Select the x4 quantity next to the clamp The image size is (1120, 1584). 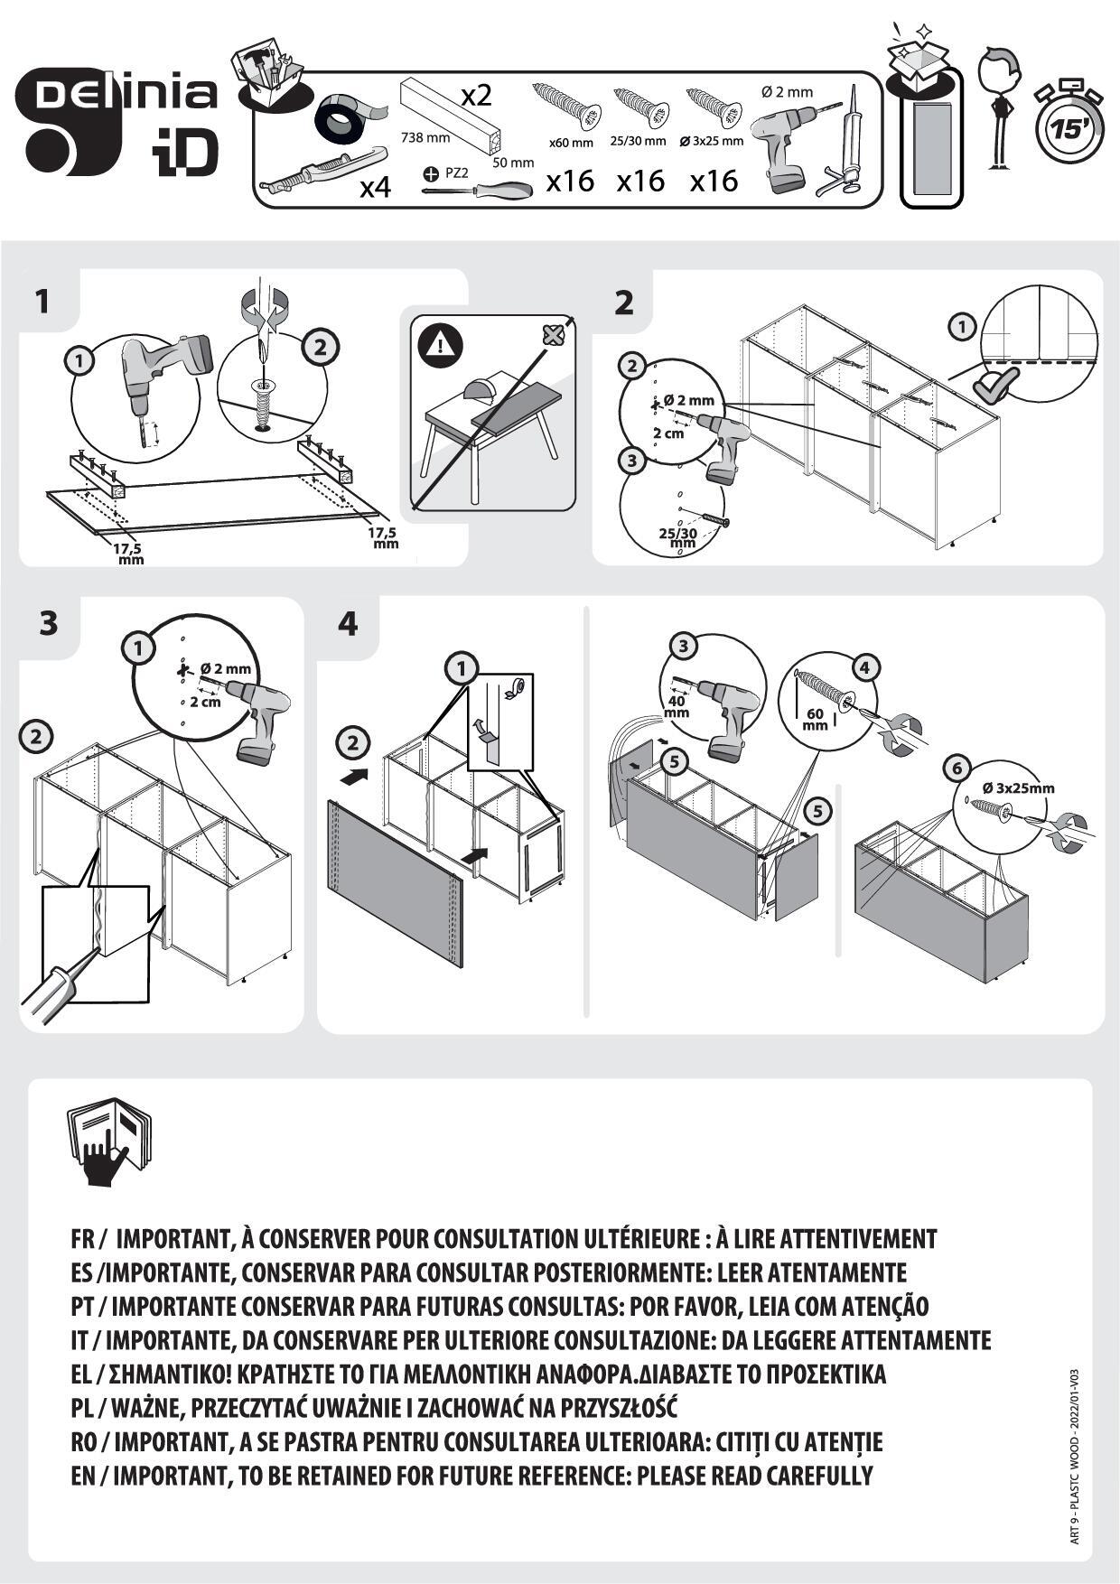coord(375,188)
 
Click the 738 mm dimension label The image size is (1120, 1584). coord(425,138)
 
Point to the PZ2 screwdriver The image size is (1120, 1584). coord(479,191)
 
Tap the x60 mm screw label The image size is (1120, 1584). coord(571,143)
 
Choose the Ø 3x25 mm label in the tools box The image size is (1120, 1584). coord(711,141)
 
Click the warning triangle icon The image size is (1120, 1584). coord(440,344)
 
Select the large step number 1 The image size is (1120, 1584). coord(42,301)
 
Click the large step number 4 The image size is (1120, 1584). coord(347,623)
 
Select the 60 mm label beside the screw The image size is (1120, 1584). coord(815,719)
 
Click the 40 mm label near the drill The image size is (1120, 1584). coord(677,706)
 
